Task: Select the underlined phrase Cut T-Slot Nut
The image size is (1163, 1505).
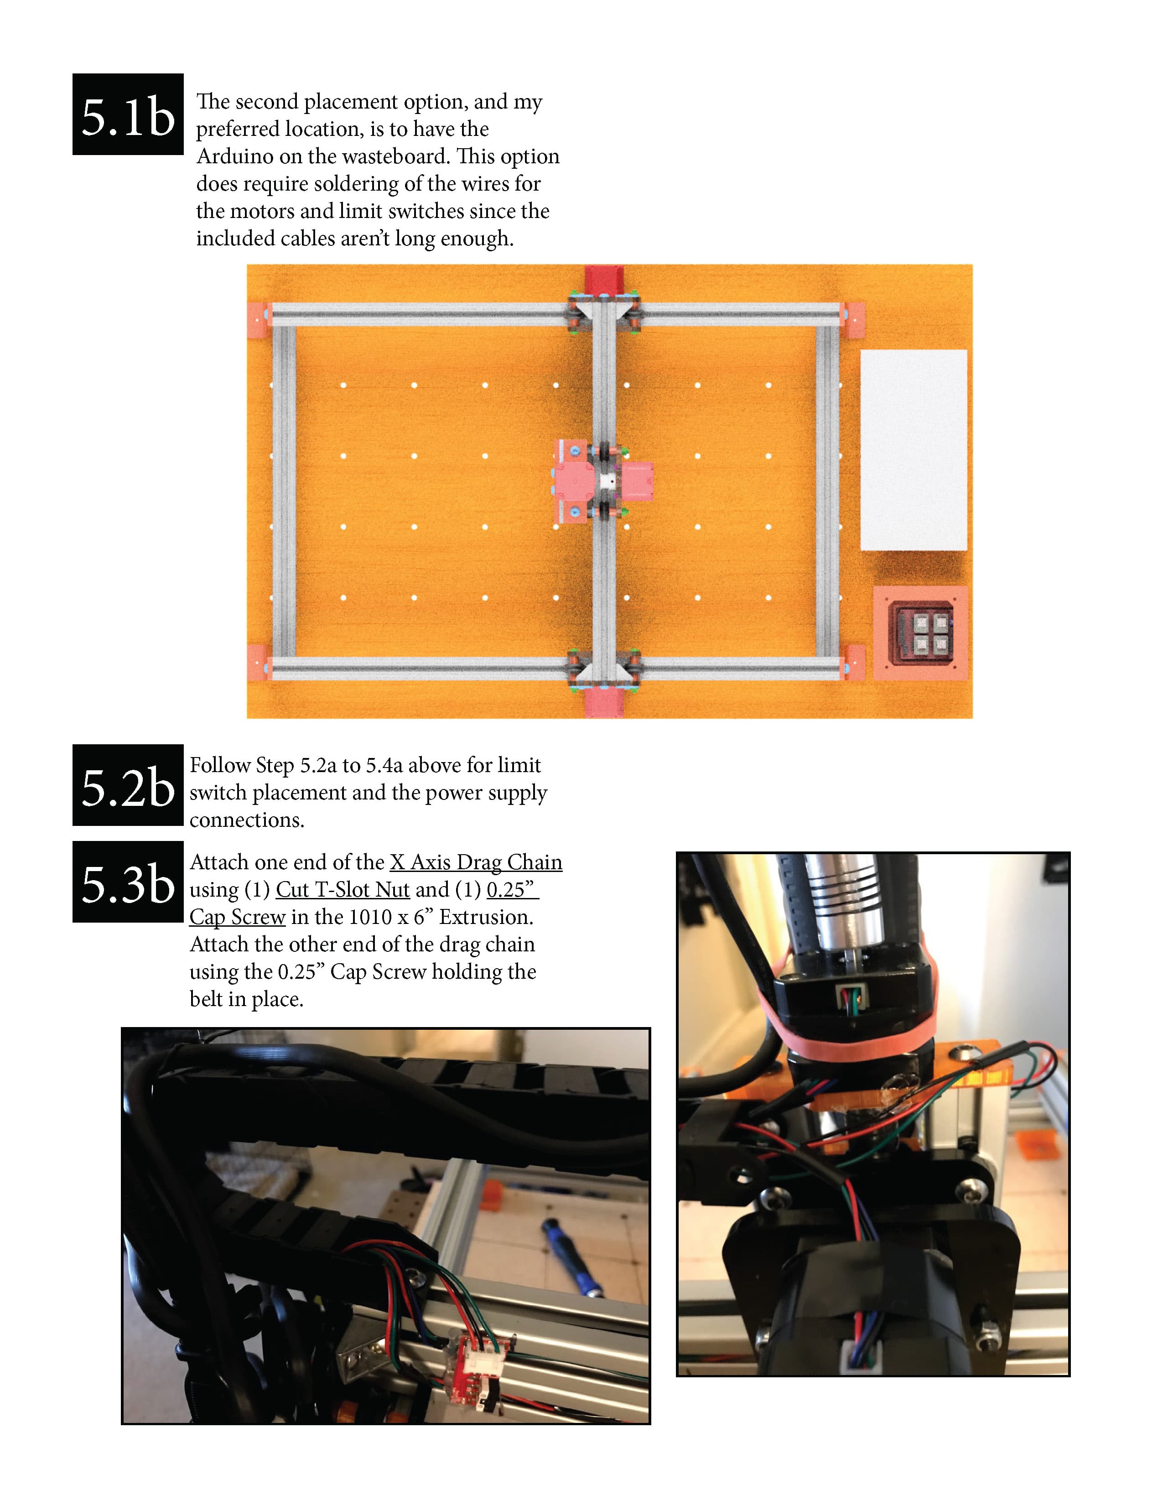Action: (343, 890)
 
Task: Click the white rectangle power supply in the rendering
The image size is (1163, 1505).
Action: (914, 449)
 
